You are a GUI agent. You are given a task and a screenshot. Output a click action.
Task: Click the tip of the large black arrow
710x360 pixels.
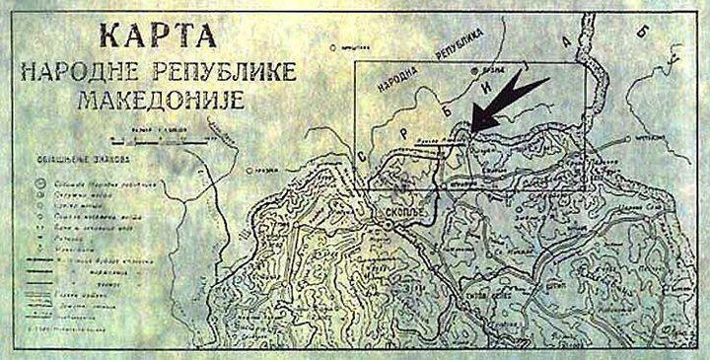point(471,129)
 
